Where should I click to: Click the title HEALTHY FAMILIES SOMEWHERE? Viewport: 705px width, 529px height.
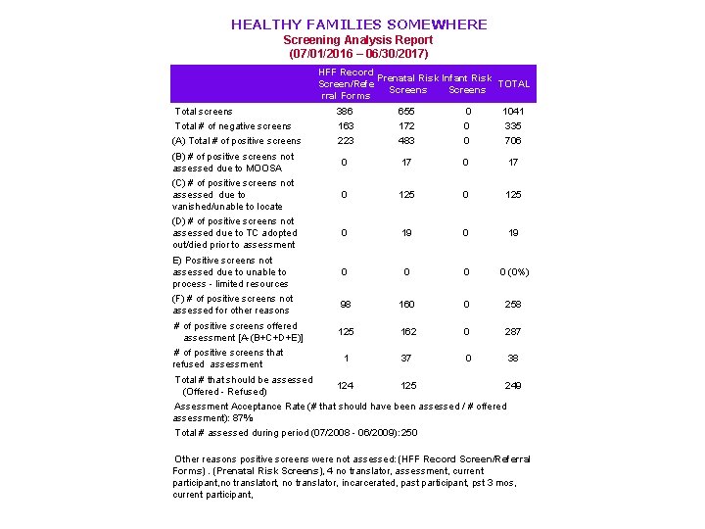(x=358, y=24)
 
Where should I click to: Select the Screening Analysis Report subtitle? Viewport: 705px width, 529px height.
(x=357, y=40)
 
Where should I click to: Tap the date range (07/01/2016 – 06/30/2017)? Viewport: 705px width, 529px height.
(x=357, y=55)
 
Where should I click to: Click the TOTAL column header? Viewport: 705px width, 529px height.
(x=513, y=84)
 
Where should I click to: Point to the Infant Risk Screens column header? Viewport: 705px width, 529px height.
(x=467, y=84)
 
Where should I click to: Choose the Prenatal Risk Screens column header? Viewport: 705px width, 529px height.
(x=407, y=84)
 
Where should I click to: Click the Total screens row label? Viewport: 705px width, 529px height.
(x=204, y=112)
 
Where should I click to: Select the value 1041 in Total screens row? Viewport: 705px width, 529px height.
(x=513, y=112)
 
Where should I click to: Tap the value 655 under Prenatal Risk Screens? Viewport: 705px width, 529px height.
(x=407, y=112)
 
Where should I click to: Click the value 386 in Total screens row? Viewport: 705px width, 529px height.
(x=345, y=112)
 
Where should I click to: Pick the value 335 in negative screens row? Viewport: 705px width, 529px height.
(x=513, y=126)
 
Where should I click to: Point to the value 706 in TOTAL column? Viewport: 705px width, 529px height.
(x=513, y=141)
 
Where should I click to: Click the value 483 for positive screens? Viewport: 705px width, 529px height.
(x=407, y=141)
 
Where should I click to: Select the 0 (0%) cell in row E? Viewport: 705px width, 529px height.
(x=513, y=272)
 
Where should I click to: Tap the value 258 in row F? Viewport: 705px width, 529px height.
(x=513, y=305)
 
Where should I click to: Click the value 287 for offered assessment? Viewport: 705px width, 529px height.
(x=513, y=332)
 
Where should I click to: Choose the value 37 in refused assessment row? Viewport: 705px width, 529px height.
(x=407, y=359)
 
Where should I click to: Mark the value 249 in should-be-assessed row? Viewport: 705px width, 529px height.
(x=513, y=386)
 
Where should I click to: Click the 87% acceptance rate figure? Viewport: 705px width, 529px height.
(x=242, y=417)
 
